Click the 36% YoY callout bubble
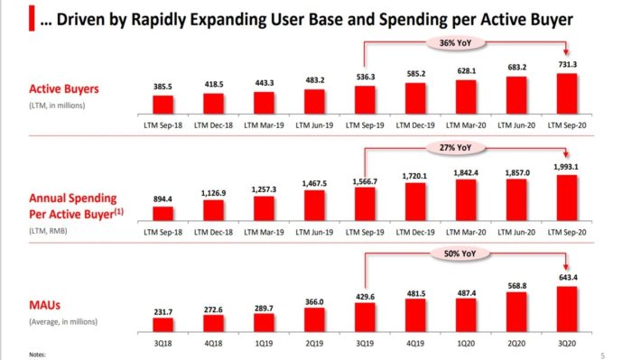coord(455,43)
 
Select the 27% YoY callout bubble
coord(455,148)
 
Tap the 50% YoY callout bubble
coord(460,254)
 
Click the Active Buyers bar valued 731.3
coord(567,94)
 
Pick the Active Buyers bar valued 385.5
coord(163,105)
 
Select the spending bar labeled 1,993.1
coord(567,198)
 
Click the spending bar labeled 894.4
coord(163,214)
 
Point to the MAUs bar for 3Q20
coord(567,309)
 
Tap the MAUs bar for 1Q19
coord(265,323)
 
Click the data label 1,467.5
coord(314,184)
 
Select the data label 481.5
coord(416,293)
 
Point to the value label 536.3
coord(366,77)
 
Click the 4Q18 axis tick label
coord(213,344)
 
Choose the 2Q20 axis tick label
coord(516,344)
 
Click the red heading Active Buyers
coord(64,89)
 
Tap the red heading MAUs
coord(44,305)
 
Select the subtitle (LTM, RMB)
coord(48,231)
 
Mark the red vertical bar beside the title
coord(32,18)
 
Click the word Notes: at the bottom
coord(37,355)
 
